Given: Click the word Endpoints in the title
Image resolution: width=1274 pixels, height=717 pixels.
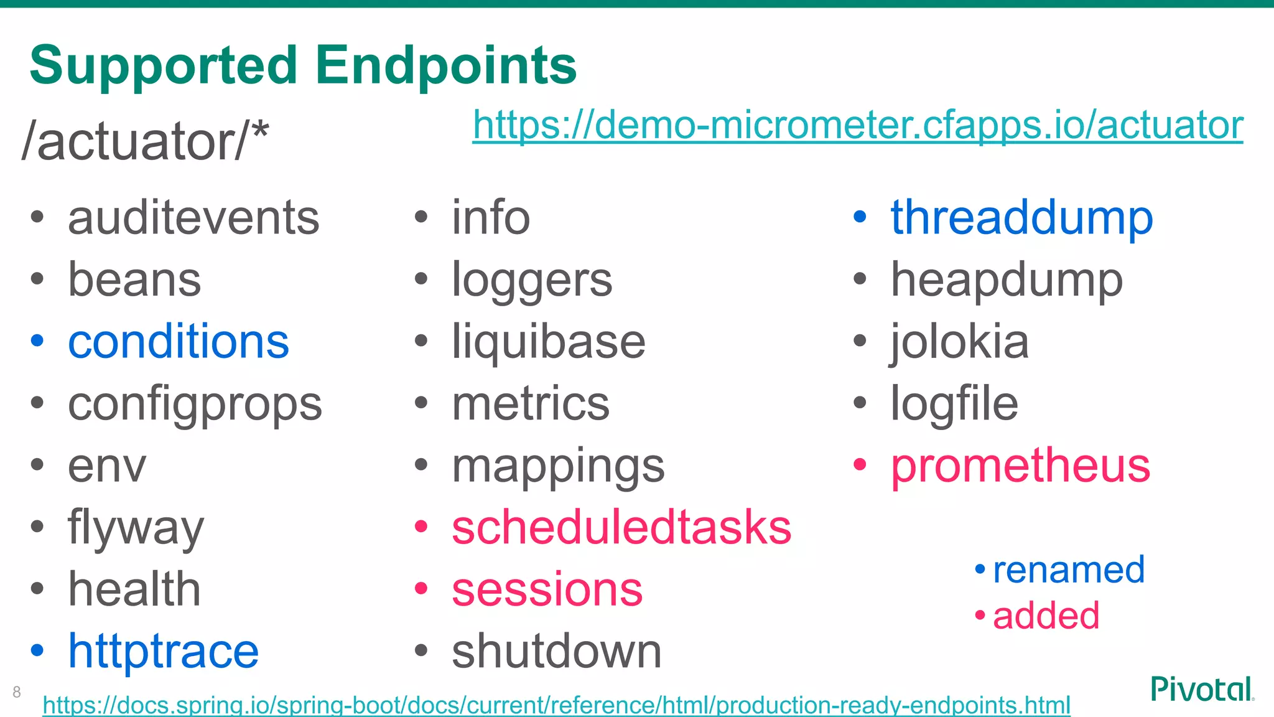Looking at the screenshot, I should click(445, 66).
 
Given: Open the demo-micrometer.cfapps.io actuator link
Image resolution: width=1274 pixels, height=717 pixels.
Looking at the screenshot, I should click(857, 125).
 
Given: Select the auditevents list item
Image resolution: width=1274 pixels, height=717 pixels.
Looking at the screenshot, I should click(193, 218).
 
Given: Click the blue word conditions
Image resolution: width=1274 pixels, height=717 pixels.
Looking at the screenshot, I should click(179, 342).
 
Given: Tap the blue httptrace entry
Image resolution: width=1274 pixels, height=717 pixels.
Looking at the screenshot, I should click(163, 651).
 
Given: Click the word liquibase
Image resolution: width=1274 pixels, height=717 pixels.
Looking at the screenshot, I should click(548, 342).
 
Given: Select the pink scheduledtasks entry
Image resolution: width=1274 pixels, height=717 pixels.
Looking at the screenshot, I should click(621, 528).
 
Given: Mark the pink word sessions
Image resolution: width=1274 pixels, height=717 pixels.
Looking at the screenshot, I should click(547, 589).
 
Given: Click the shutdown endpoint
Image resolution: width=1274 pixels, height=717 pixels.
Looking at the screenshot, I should click(556, 651).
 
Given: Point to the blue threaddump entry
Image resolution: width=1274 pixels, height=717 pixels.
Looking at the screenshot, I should click(1021, 218).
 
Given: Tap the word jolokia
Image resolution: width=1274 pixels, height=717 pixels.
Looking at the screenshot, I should click(959, 342).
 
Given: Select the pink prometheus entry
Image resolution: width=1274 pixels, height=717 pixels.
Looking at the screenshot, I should click(1020, 466).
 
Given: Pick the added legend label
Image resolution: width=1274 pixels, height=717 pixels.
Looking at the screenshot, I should click(1046, 616).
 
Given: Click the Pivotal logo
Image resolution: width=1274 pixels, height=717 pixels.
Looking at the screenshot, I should click(1201, 689).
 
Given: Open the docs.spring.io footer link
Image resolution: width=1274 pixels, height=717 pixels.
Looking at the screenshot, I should click(556, 705).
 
